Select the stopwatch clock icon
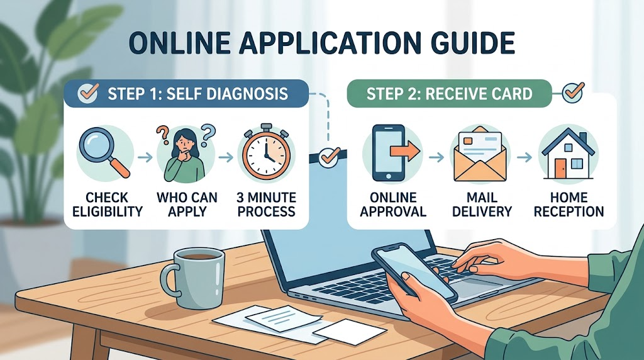[x=266, y=152]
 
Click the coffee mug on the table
[x=193, y=278]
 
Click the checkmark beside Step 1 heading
[x=88, y=93]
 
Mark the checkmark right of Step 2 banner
[x=574, y=93]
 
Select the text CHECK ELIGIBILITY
[x=107, y=205]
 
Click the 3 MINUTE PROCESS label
[x=266, y=205]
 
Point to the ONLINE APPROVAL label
[x=393, y=205]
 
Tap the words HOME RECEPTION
[x=569, y=205]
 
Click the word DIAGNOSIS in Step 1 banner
[x=247, y=94]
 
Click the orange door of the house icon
[x=560, y=169]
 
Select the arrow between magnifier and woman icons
[x=145, y=157]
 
